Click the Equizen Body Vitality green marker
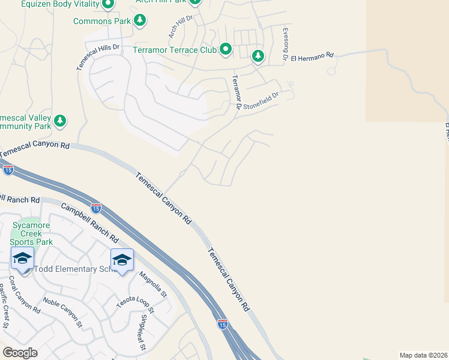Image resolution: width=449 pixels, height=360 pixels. pyautogui.click(x=108, y=5)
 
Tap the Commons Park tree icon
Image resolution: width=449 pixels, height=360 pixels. pyautogui.click(x=140, y=21)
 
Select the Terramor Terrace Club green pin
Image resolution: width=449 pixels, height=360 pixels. pyautogui.click(x=226, y=49)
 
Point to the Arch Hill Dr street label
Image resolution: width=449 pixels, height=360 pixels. pyautogui.click(x=179, y=27)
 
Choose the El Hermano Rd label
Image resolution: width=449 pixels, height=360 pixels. pyautogui.click(x=312, y=56)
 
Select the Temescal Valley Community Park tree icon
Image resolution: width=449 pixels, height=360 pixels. pyautogui.click(x=59, y=121)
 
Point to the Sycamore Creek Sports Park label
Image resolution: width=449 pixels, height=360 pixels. pyautogui.click(x=34, y=233)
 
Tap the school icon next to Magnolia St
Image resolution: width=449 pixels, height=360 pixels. pyautogui.click(x=122, y=259)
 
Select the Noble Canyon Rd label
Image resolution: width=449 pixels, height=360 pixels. pyautogui.click(x=63, y=312)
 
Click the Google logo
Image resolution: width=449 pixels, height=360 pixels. pyautogui.click(x=20, y=353)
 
